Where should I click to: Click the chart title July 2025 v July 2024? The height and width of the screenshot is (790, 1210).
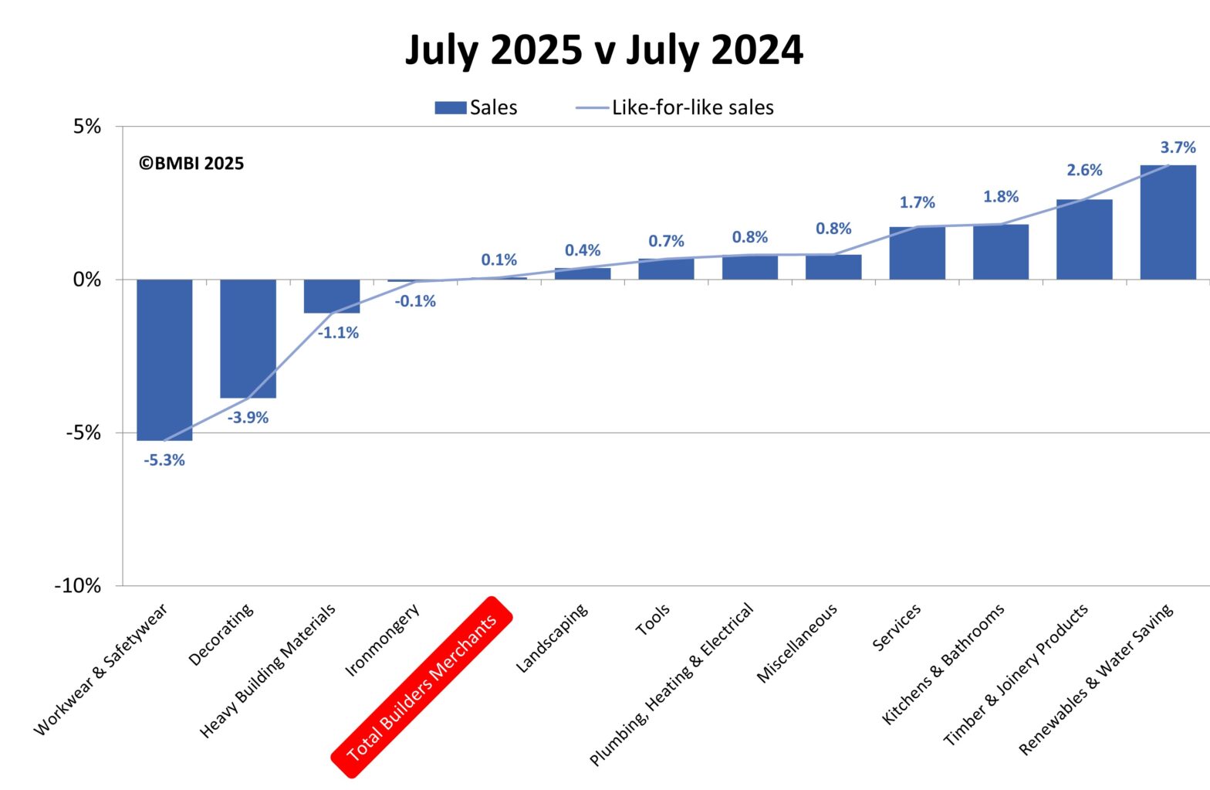pyautogui.click(x=604, y=50)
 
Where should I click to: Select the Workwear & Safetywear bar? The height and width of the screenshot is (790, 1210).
pyautogui.click(x=164, y=359)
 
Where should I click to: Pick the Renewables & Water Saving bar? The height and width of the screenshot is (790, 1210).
pyautogui.click(x=1168, y=222)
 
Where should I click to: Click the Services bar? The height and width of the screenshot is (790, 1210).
pyautogui.click(x=917, y=253)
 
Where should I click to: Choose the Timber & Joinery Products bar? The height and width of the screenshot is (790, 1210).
pyautogui.click(x=1084, y=239)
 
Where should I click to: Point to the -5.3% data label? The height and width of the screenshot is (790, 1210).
pyautogui.click(x=164, y=460)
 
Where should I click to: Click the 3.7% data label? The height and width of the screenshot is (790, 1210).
pyautogui.click(x=1178, y=147)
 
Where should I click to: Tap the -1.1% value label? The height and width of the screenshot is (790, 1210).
pyautogui.click(x=338, y=333)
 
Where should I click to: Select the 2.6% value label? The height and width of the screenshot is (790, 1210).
pyautogui.click(x=1084, y=170)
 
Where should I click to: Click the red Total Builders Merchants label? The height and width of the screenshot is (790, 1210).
pyautogui.click(x=421, y=687)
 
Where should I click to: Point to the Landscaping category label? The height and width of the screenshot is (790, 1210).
pyautogui.click(x=551, y=638)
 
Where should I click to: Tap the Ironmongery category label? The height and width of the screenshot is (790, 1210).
pyautogui.click(x=382, y=640)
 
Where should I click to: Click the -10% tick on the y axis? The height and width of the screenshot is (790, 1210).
pyautogui.click(x=78, y=586)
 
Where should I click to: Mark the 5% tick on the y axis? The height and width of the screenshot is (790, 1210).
pyautogui.click(x=87, y=127)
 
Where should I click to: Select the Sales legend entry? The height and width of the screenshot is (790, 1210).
pyautogui.click(x=476, y=107)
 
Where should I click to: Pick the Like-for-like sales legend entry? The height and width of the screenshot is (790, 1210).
pyautogui.click(x=675, y=107)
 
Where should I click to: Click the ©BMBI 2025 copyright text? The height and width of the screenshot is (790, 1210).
pyautogui.click(x=191, y=164)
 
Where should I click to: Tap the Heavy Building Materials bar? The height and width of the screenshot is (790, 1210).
pyautogui.click(x=332, y=297)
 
